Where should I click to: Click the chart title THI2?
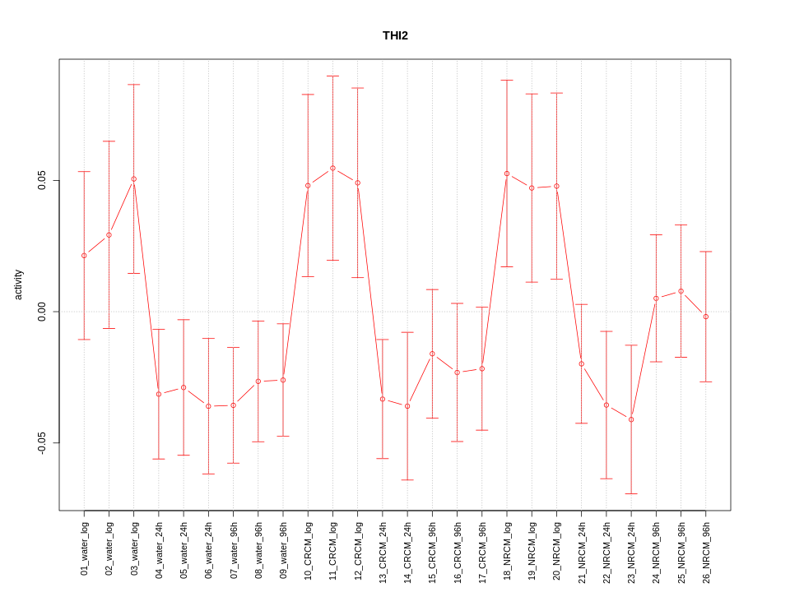point(395,35)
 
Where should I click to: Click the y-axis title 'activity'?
point(19,284)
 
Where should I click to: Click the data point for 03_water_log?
point(133,179)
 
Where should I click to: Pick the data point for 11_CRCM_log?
point(332,168)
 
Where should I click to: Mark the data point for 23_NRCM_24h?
point(631,419)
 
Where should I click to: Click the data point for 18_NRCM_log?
point(507,173)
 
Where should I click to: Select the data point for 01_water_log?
point(84,256)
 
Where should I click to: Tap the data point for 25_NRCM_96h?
point(681,291)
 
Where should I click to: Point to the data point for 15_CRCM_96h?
point(432,354)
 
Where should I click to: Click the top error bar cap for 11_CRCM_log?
point(332,76)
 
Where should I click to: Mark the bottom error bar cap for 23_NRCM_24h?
point(631,493)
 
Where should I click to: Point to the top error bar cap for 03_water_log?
point(133,85)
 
